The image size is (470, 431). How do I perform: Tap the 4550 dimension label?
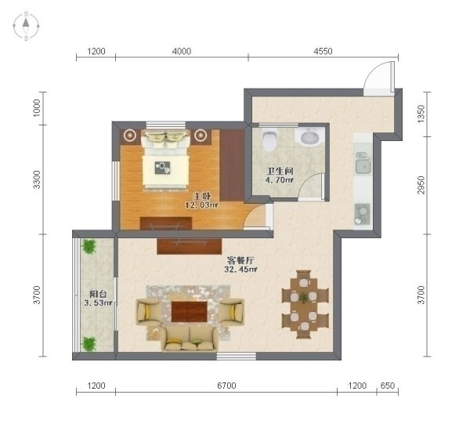[323, 51]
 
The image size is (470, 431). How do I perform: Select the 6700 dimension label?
[226, 385]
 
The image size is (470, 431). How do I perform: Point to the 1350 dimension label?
[421, 114]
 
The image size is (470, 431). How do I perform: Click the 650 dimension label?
[387, 385]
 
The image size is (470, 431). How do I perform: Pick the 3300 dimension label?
[36, 179]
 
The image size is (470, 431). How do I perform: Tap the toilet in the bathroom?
[269, 139]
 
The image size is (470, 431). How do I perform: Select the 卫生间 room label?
[280, 172]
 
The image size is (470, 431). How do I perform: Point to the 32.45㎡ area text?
[240, 269]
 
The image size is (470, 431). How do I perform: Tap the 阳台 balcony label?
[98, 294]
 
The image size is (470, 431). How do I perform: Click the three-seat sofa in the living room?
[190, 339]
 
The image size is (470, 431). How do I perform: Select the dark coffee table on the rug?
[190, 312]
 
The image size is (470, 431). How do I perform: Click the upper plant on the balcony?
[89, 246]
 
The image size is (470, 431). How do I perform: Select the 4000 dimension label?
[182, 51]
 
